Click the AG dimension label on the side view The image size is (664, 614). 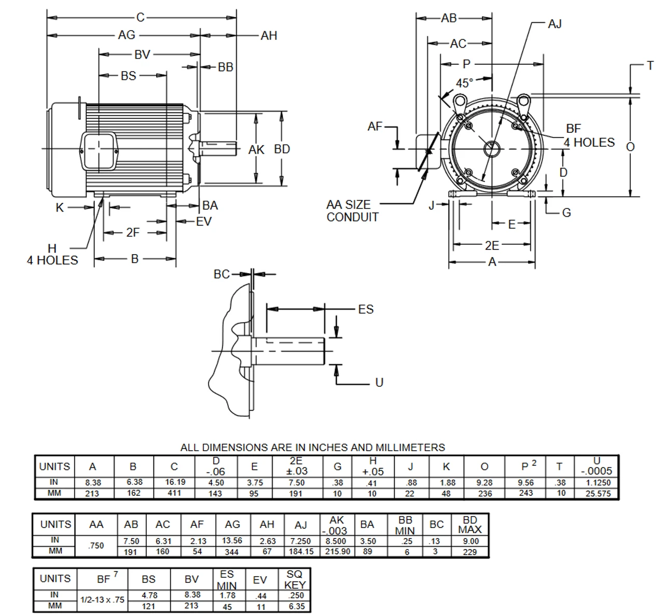point(127,35)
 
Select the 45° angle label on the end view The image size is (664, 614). point(464,83)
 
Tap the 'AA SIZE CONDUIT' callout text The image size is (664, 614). point(352,211)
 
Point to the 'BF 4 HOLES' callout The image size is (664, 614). point(589,136)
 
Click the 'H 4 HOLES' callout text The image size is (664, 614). point(52,255)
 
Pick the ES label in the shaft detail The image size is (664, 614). point(366,309)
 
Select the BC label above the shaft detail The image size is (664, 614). point(222,274)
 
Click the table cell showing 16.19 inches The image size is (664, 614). point(175,482)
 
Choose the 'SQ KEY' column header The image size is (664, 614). point(295,579)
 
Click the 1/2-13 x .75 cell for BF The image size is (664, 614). point(102,599)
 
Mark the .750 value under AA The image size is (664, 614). point(96,546)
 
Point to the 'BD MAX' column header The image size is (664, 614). point(469,524)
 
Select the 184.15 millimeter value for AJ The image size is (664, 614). point(301,552)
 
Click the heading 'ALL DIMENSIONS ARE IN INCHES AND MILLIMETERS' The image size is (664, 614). point(312,447)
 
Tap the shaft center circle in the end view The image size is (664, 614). point(491,149)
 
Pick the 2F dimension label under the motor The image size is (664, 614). point(133,232)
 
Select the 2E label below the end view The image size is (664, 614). point(492,245)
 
